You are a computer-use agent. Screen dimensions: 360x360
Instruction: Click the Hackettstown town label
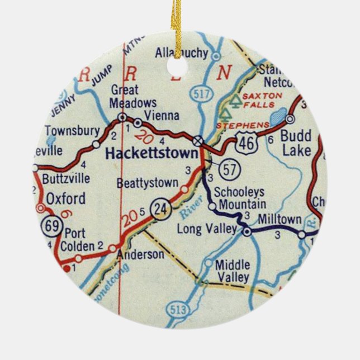(152, 153)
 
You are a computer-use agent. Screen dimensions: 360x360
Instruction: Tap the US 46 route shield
(245, 143)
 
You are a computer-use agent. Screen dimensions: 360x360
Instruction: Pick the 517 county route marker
(200, 94)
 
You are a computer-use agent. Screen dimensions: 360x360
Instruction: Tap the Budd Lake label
(296, 143)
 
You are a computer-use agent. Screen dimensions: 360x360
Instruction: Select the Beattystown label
(148, 183)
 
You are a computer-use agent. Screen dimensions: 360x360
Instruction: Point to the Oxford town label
(65, 198)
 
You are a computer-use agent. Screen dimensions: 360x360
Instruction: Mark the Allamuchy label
(181, 54)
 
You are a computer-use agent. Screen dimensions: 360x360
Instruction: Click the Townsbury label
(72, 131)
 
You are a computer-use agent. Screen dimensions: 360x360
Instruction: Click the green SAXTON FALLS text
(262, 100)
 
